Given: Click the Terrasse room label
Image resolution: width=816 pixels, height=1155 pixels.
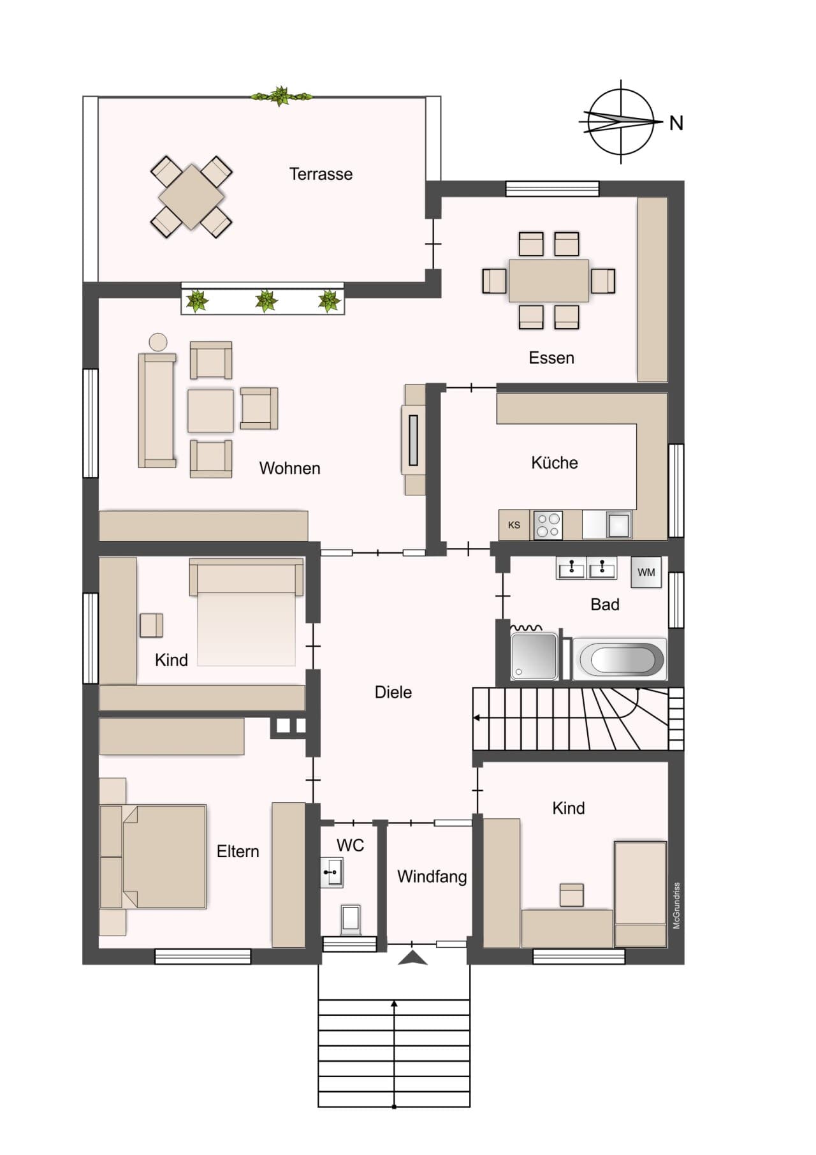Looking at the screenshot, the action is pos(321,174).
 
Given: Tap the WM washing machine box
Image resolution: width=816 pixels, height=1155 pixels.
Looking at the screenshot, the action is pos(646,571).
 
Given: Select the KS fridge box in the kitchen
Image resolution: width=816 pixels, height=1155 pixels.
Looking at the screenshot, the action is pos(514,526).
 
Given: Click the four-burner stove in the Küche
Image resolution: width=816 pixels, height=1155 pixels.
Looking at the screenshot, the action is pos(548,526).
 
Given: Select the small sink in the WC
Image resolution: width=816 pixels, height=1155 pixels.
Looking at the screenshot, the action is pos(332,872).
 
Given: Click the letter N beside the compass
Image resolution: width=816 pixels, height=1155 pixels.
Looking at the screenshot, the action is pos(676,123).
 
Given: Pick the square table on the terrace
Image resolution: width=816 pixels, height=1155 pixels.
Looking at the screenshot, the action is pos(191,197).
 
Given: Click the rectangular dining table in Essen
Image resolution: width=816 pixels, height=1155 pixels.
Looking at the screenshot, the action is pos(549,281).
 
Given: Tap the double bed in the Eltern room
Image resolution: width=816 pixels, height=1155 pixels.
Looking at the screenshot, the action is pos(153,857).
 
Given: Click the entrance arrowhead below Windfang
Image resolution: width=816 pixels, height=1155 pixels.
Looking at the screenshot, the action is pos(413,958).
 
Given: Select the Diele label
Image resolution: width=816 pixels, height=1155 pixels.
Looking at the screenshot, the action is pos(393,692).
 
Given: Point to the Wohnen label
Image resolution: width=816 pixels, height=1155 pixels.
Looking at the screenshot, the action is pos(289,468).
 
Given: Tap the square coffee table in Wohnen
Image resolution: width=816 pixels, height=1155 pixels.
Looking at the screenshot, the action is pos(210,411).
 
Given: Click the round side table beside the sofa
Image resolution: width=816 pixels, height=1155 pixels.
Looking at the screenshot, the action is pos(158,342).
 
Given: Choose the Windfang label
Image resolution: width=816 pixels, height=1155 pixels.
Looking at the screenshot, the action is pos(432,877).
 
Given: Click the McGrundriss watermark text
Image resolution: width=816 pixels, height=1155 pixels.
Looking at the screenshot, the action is pos(676,905).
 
